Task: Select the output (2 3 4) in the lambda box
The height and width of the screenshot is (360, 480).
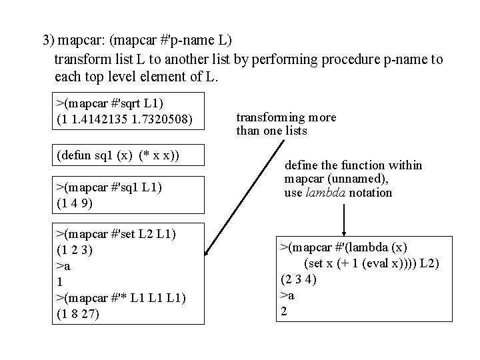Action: tap(299, 279)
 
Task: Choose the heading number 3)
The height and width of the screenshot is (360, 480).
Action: tap(49, 40)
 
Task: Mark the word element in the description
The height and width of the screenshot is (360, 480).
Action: tap(174, 76)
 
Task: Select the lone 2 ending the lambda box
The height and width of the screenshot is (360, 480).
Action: tap(285, 311)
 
